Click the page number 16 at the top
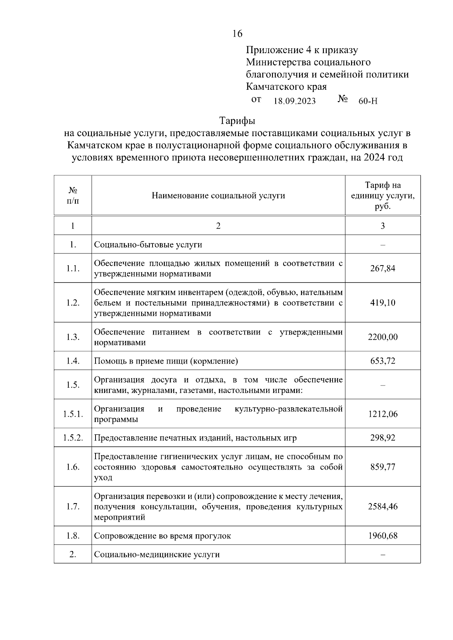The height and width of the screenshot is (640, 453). [x=237, y=34]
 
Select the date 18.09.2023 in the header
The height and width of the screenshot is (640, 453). [x=294, y=101]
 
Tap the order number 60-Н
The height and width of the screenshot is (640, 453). [x=368, y=101]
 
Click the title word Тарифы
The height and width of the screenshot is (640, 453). [x=237, y=121]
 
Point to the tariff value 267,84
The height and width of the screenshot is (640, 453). [x=383, y=269]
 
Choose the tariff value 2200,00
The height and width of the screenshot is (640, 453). [x=383, y=337]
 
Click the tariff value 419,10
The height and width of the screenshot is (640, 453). [x=383, y=303]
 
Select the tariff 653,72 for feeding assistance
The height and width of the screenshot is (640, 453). [x=383, y=361]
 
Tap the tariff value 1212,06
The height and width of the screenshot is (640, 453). [x=383, y=414]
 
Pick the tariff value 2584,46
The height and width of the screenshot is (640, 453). [x=383, y=506]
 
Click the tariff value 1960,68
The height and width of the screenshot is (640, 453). [x=383, y=536]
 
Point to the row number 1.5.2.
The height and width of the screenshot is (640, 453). [x=73, y=438]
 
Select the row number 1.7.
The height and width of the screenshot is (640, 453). [x=73, y=506]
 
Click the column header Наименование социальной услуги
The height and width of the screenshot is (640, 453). [x=218, y=195]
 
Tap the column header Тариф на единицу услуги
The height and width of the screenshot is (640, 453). [x=383, y=196]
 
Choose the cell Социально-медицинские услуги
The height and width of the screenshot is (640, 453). [x=157, y=554]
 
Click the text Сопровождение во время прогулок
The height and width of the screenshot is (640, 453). [x=162, y=536]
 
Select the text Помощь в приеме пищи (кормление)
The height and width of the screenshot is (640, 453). [x=166, y=361]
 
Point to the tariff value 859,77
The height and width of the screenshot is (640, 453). [x=383, y=467]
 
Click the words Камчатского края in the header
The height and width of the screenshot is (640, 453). [x=286, y=87]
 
